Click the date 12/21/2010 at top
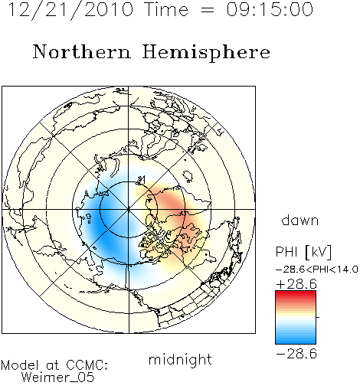[x=70, y=10]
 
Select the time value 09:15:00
[x=270, y=9]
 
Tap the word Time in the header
[x=166, y=9]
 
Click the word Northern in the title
[x=82, y=51]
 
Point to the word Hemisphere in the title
[x=206, y=53]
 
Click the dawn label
[x=300, y=220]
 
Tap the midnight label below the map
[x=180, y=359]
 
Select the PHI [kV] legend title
[x=303, y=252]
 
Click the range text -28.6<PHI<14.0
[x=317, y=269]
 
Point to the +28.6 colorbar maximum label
[x=296, y=284]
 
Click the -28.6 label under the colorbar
[x=296, y=354]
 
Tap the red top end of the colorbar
[x=296, y=293]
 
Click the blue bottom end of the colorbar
[x=296, y=342]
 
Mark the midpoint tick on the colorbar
[x=318, y=317]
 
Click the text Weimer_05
[x=58, y=378]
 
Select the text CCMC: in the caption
[x=87, y=365]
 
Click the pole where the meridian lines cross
[x=129, y=209]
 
